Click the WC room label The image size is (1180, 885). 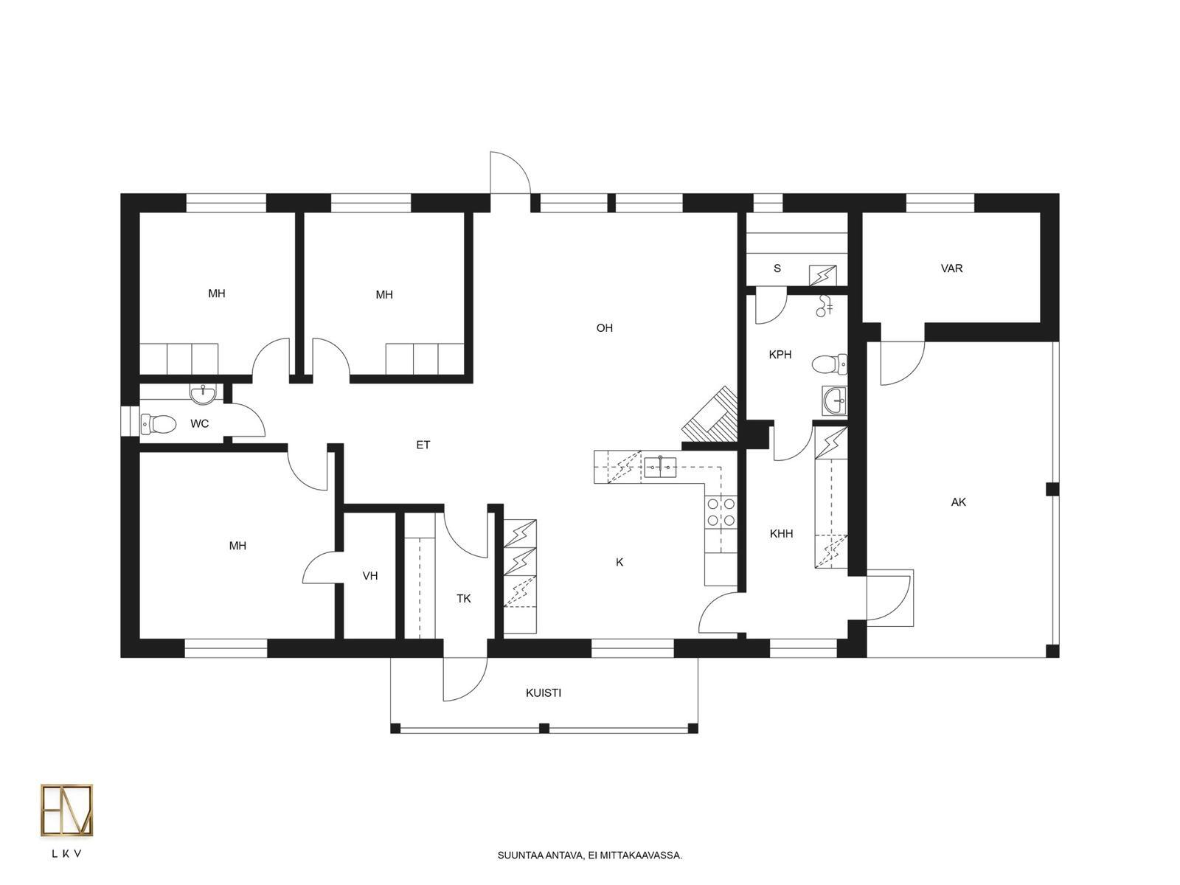pyautogui.click(x=199, y=424)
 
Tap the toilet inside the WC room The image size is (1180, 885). pyautogui.click(x=158, y=424)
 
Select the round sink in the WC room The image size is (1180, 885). pyautogui.click(x=203, y=393)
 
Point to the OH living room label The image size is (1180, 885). pyautogui.click(x=604, y=327)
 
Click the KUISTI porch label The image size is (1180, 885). pyautogui.click(x=544, y=693)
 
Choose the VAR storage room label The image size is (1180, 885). pyautogui.click(x=951, y=268)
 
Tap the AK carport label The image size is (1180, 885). pyautogui.click(x=959, y=502)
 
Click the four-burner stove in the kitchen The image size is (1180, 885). pyautogui.click(x=721, y=512)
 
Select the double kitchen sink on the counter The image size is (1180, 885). pyautogui.click(x=660, y=466)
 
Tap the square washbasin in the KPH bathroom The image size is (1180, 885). pyautogui.click(x=834, y=400)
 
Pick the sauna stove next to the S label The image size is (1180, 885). pyautogui.click(x=822, y=276)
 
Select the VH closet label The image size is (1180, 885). pyautogui.click(x=370, y=575)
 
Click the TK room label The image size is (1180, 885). pyautogui.click(x=463, y=598)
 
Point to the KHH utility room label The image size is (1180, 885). pyautogui.click(x=781, y=533)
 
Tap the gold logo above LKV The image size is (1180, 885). pyautogui.click(x=66, y=811)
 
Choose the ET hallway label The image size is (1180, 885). pyautogui.click(x=423, y=445)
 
